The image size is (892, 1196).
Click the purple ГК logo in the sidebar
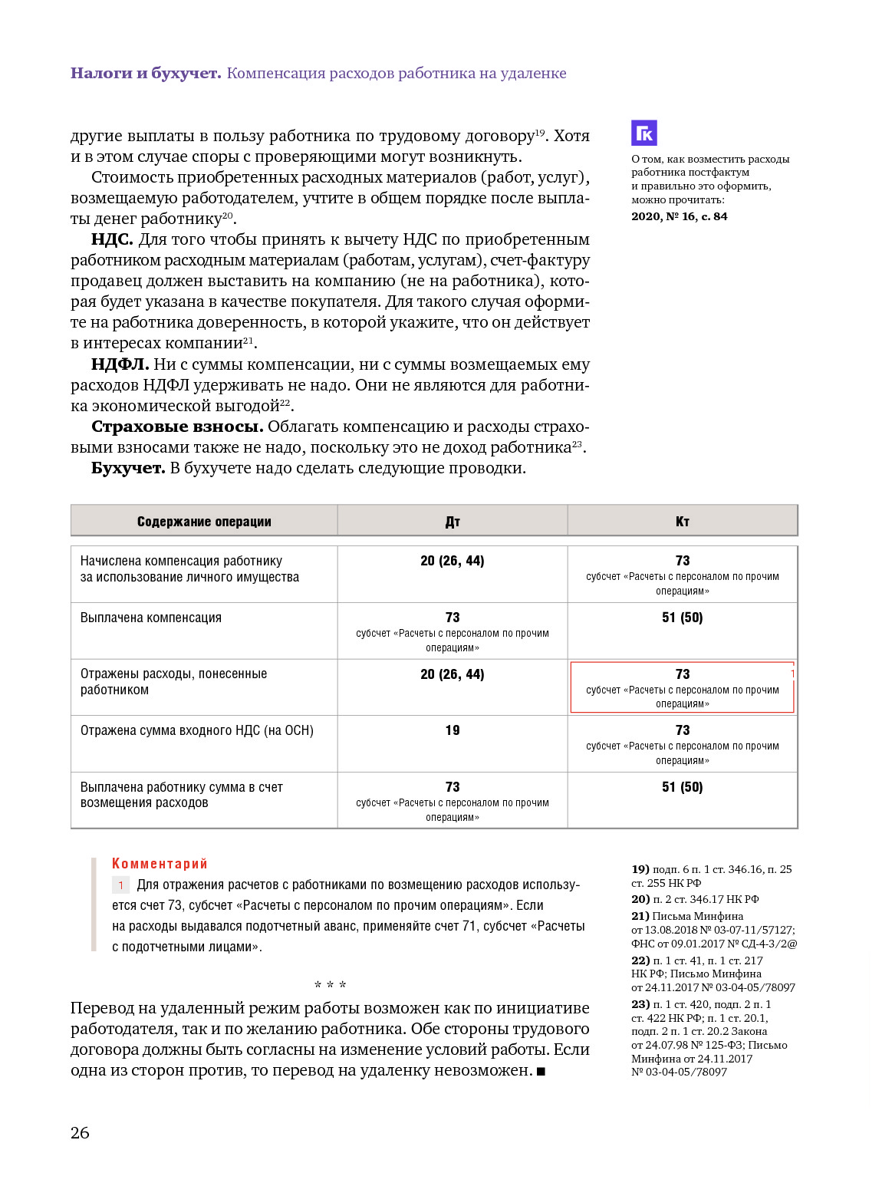tap(644, 133)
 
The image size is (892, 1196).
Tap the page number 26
tap(80, 1132)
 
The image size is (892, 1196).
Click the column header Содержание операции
tap(204, 522)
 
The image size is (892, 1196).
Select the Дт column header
tap(453, 522)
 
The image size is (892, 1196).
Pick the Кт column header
tap(683, 522)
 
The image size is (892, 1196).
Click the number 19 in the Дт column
tap(453, 730)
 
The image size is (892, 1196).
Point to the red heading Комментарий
tap(160, 864)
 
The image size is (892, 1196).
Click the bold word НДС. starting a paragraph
tap(112, 239)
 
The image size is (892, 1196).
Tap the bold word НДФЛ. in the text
tap(120, 364)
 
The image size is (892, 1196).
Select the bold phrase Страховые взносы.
tap(177, 427)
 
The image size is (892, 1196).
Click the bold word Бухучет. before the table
tap(128, 468)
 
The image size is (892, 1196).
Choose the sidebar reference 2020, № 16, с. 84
tap(679, 216)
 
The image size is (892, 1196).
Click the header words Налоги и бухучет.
tap(146, 73)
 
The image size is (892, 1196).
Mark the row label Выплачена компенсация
tap(151, 618)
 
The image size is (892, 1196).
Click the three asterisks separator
tap(330, 985)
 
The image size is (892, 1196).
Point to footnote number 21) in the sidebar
tap(640, 916)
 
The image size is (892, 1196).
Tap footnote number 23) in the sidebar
tap(640, 1004)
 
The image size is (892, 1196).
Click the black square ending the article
tap(541, 1072)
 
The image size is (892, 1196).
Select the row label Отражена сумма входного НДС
tap(196, 730)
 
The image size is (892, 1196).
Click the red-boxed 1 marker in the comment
tap(120, 885)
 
